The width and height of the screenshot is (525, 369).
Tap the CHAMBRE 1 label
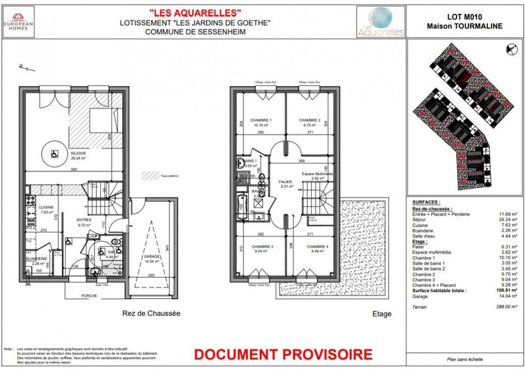(252, 121)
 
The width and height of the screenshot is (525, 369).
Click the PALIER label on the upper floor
(284, 182)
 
